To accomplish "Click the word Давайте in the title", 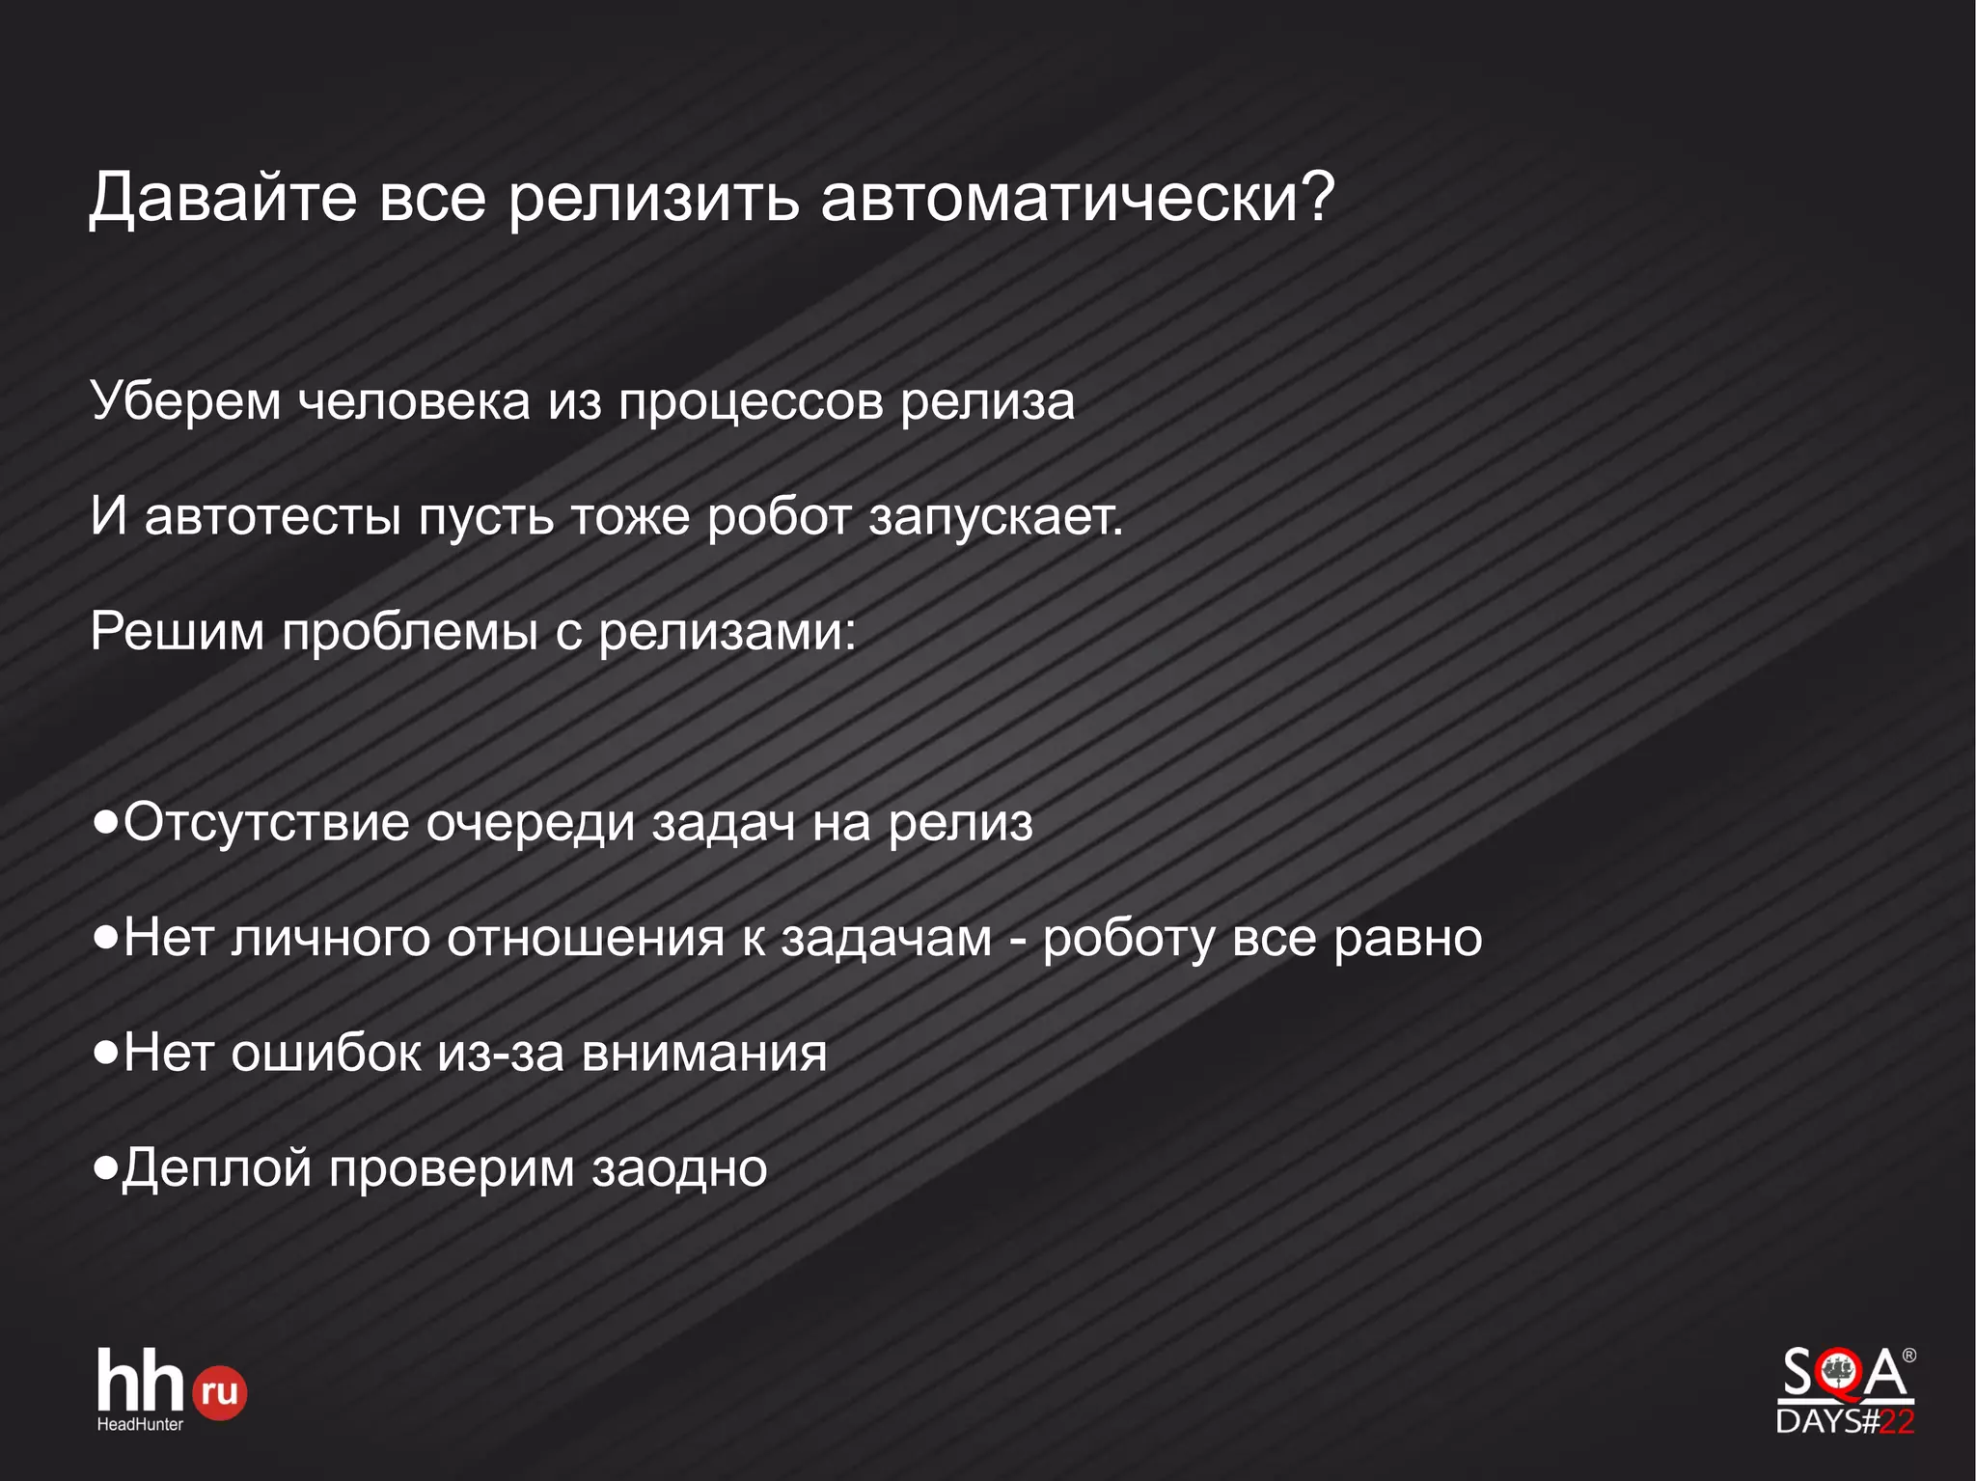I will [223, 198].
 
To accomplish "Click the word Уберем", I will [185, 401].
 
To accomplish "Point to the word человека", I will [414, 401].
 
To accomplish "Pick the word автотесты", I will [272, 517].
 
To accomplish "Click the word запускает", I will [995, 517].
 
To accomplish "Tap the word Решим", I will [177, 632].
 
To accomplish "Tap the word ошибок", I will [325, 1053].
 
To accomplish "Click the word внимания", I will [704, 1053].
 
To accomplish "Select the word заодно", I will [679, 1168].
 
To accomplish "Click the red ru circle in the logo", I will [220, 1392].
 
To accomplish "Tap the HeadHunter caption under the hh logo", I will [140, 1424].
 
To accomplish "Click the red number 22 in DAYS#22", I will [1897, 1421].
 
